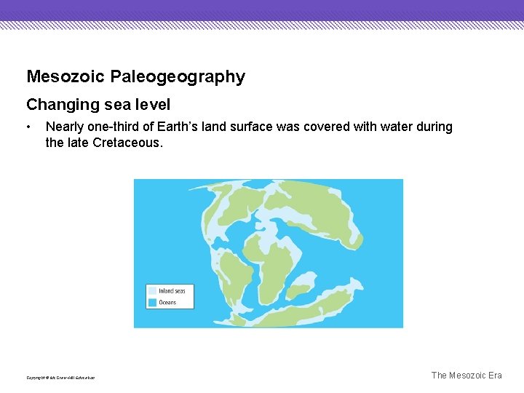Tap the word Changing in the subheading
tap(63, 105)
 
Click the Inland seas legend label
tap(172, 291)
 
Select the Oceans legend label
tap(167, 302)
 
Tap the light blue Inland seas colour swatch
tap(152, 291)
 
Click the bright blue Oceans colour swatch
tap(152, 302)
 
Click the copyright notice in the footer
tap(60, 377)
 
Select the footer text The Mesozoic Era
tap(467, 376)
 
